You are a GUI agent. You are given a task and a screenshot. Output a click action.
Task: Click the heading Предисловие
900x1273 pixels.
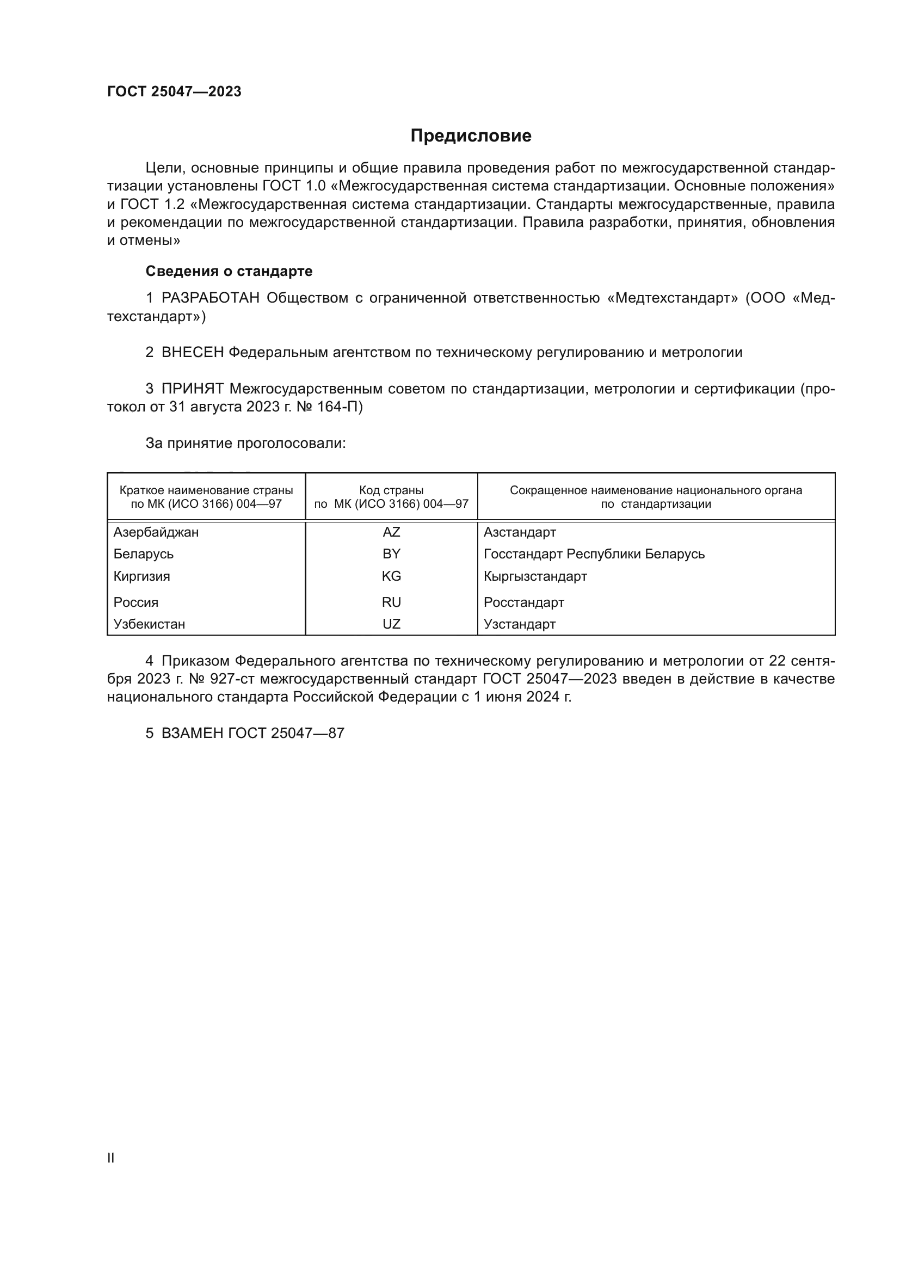point(471,136)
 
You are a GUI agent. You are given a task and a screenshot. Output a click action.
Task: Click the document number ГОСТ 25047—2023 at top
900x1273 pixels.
point(174,91)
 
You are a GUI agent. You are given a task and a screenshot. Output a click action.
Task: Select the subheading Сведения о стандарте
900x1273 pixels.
point(229,271)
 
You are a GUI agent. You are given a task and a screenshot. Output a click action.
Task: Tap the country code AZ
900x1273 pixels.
point(391,532)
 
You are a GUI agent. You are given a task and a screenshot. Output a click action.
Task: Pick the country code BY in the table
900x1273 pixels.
point(391,554)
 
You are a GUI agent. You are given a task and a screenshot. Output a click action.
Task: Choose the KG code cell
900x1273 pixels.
point(391,576)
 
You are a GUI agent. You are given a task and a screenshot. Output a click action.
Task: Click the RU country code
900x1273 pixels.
point(391,602)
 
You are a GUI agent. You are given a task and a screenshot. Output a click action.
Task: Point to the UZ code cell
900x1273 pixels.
point(391,624)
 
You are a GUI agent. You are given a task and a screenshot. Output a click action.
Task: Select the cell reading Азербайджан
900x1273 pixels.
point(156,532)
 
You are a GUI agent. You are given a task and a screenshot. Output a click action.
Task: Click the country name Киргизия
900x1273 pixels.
point(142,576)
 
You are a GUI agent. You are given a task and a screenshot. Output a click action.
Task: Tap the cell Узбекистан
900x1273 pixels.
point(150,624)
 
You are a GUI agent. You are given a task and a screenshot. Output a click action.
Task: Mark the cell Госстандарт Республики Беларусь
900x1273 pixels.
point(594,554)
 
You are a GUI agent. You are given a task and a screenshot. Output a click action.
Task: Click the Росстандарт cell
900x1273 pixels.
point(523,602)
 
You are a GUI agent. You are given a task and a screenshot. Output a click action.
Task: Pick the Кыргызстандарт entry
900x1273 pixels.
point(535,576)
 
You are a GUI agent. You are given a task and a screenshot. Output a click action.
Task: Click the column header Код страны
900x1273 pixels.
point(391,490)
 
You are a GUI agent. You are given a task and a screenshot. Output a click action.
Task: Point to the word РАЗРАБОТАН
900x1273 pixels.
point(211,298)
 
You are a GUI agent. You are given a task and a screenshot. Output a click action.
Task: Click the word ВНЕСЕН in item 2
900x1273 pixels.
point(193,352)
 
